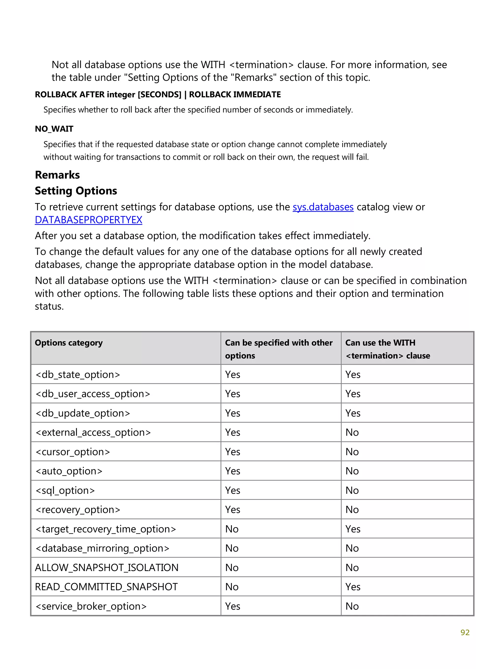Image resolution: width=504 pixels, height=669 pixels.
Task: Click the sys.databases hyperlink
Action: coord(323,207)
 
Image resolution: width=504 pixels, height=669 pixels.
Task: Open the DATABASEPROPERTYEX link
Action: coord(88,220)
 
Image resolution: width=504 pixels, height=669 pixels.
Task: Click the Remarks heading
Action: coord(57,175)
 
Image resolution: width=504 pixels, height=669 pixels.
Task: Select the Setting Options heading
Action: coord(76,191)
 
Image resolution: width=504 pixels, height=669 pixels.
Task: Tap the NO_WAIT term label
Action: coord(54,129)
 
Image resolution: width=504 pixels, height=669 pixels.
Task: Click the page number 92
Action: coord(465,632)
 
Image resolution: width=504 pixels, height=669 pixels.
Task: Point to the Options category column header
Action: coord(69,343)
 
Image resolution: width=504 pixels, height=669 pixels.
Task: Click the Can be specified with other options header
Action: coord(278,349)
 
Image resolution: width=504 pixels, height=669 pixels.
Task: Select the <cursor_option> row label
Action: coord(73,452)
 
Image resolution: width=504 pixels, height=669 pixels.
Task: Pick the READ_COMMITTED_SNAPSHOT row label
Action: coord(106,587)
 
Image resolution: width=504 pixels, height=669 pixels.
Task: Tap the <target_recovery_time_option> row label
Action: coord(106,529)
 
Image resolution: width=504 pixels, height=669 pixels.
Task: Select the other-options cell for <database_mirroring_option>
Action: coord(232,548)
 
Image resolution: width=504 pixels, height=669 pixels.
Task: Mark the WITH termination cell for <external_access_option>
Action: coord(352,432)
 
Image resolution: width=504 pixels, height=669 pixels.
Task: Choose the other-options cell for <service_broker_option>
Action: coord(232,606)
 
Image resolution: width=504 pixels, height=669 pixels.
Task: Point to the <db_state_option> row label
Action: coord(78,375)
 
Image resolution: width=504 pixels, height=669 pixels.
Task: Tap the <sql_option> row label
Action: coord(65,490)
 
